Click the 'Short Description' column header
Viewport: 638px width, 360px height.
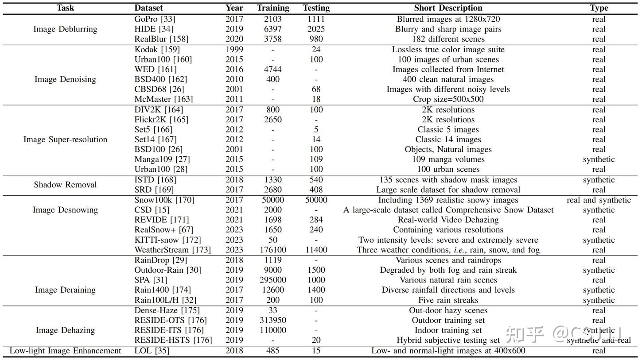[448, 8]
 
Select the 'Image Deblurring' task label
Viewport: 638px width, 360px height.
[65, 29]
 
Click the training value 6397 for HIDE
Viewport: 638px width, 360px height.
[273, 29]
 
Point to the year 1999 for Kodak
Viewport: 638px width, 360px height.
[234, 50]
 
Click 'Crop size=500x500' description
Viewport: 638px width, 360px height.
[448, 99]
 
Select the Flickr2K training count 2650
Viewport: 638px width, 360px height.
[273, 120]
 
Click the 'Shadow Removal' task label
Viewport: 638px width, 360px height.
[65, 185]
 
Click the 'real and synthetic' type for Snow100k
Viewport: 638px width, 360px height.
[599, 200]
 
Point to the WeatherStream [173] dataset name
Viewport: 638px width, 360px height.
[167, 250]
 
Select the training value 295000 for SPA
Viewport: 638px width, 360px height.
[273, 280]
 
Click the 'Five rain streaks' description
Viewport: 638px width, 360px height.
[448, 300]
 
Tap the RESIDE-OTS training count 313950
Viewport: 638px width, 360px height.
[273, 320]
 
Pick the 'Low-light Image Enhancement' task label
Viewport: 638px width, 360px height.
[65, 351]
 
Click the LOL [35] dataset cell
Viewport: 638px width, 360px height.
[152, 351]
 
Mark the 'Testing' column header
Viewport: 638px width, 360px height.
[316, 8]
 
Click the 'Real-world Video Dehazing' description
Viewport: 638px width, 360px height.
[448, 220]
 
